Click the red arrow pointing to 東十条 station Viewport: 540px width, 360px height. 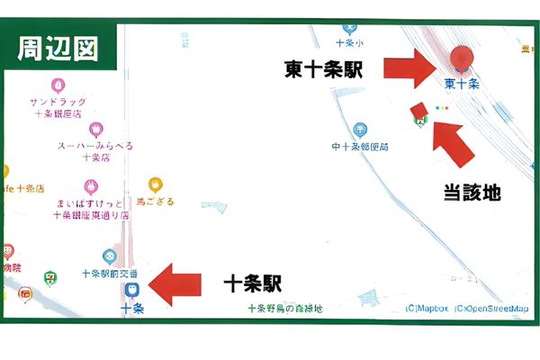pos(412,69)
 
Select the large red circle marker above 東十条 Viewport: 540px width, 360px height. pos(463,57)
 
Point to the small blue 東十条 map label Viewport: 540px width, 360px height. pos(462,83)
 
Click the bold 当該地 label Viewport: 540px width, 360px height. pos(472,192)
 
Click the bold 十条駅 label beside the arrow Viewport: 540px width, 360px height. pos(252,284)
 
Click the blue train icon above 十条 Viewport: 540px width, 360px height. pos(131,290)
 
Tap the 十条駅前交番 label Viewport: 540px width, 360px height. pos(110,273)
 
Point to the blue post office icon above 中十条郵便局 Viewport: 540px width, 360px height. pos(360,130)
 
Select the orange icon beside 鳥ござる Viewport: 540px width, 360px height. pos(155,185)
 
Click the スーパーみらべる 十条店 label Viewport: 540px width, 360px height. pos(95,150)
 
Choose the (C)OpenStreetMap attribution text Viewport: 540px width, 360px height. pos(492,309)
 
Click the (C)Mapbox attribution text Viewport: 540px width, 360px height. pos(427,309)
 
